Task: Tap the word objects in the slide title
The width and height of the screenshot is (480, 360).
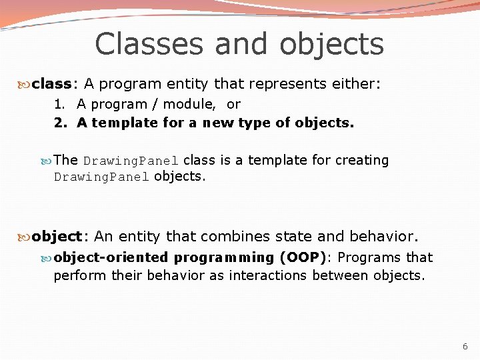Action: (x=332, y=44)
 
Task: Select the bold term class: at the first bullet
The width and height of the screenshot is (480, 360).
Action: (x=55, y=84)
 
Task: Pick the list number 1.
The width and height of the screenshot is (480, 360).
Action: (x=59, y=104)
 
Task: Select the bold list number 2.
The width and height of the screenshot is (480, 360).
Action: (x=59, y=123)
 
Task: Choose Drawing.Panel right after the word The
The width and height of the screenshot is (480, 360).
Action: (x=131, y=161)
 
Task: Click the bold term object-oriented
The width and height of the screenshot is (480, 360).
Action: (x=111, y=257)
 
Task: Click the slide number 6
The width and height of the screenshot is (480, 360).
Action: (x=465, y=347)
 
